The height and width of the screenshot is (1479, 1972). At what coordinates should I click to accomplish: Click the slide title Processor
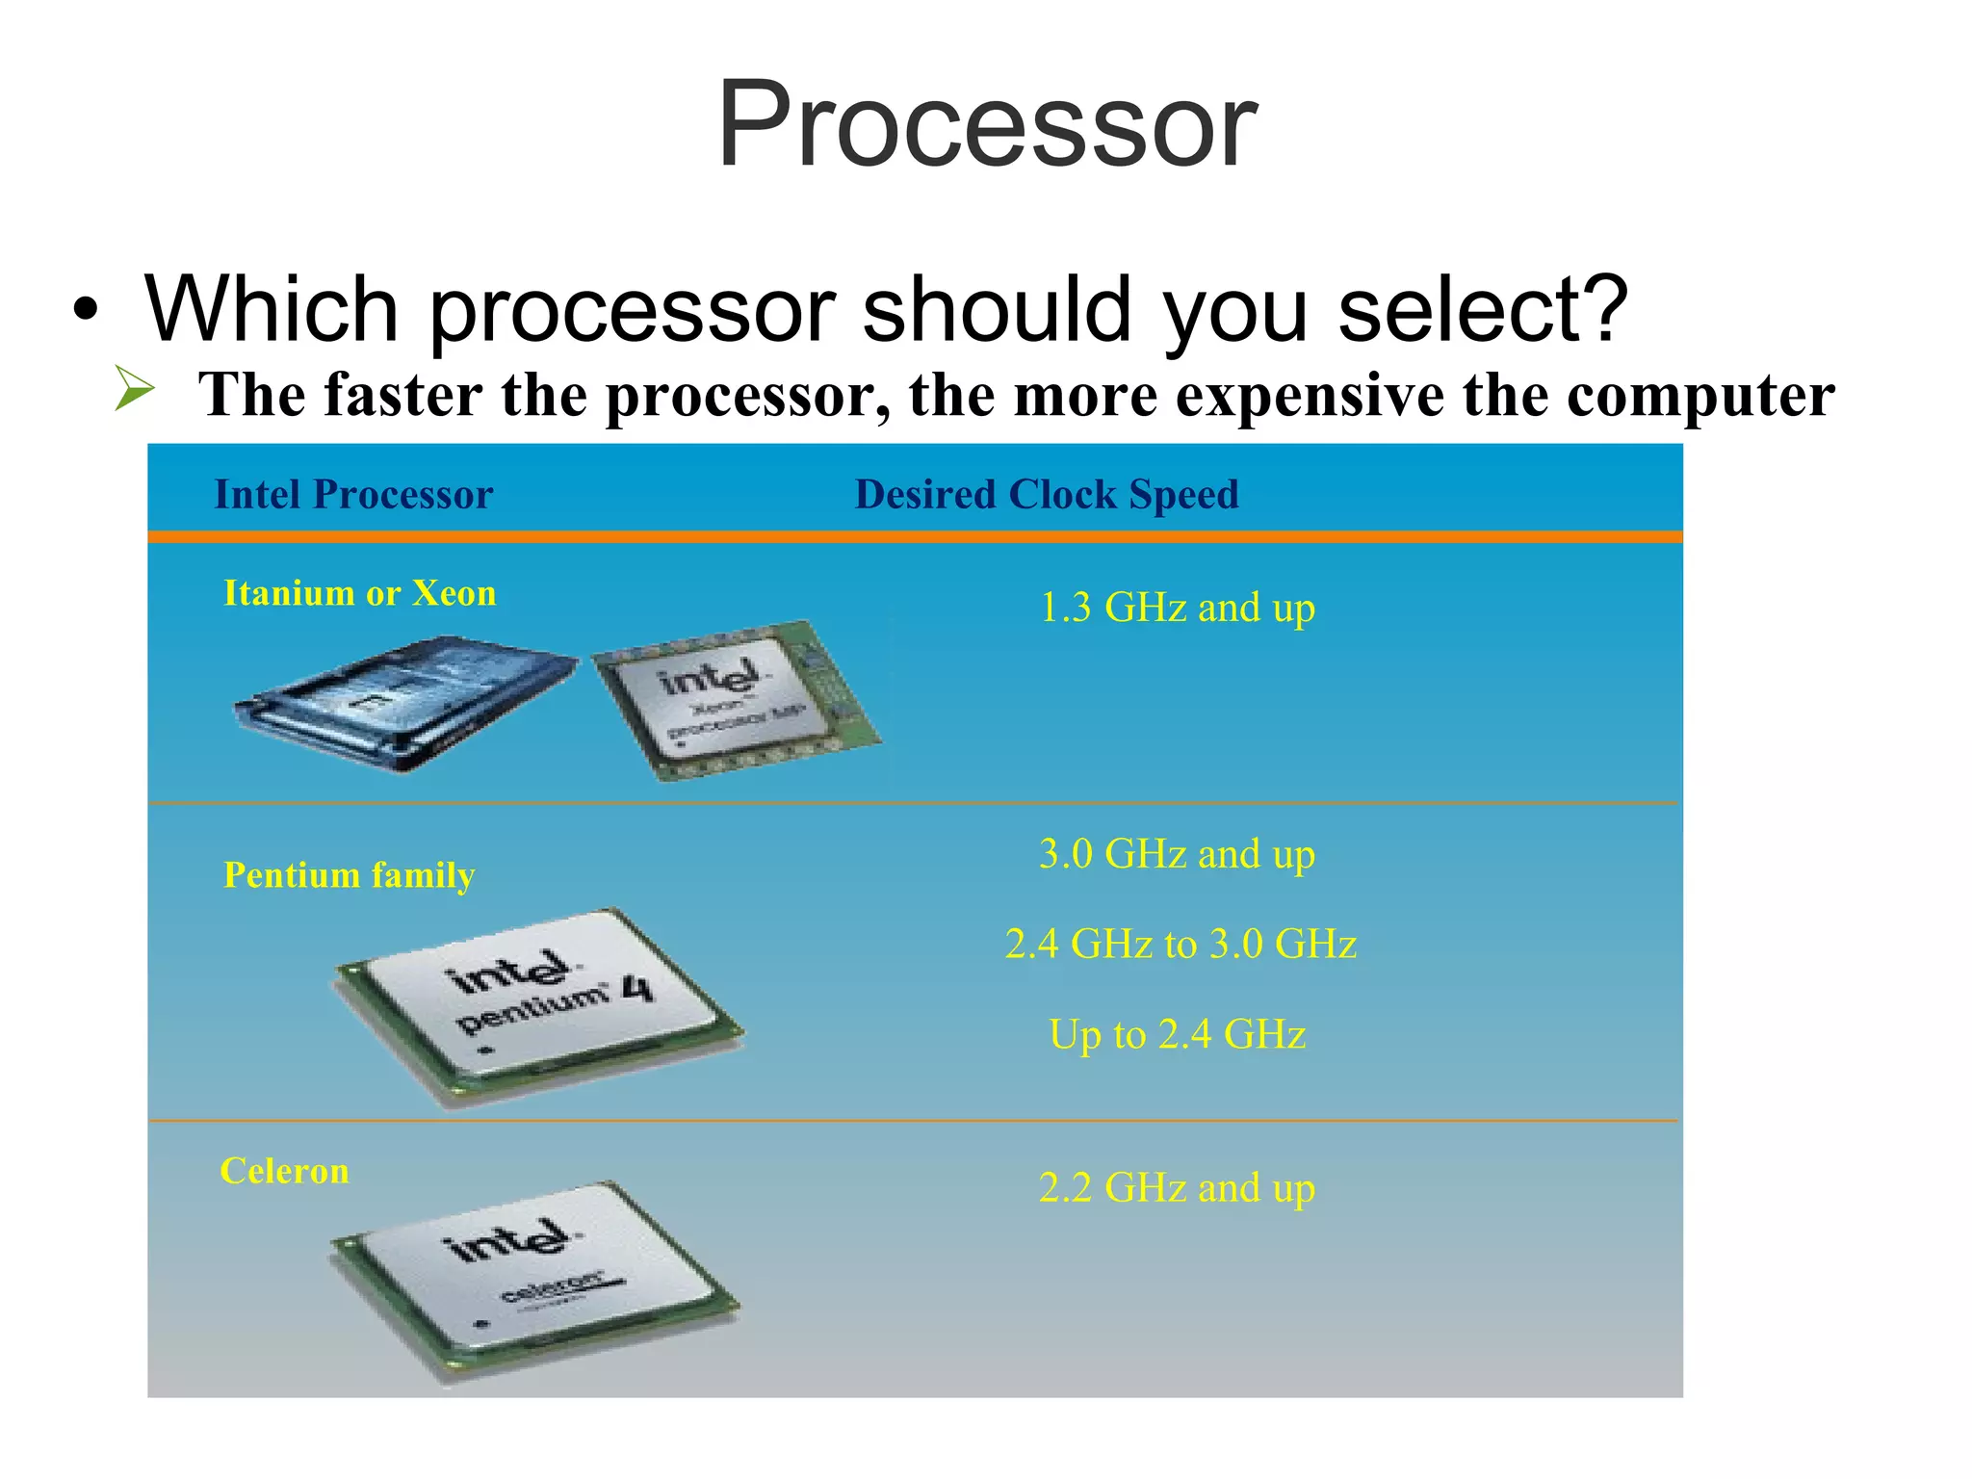coord(986,125)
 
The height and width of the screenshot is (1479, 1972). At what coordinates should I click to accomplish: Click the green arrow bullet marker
coord(134,388)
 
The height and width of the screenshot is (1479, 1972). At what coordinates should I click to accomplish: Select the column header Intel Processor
coord(353,495)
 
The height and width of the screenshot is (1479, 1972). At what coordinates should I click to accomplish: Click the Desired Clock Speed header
coord(1047,495)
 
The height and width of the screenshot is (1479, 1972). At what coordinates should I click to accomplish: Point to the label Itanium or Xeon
coord(360,593)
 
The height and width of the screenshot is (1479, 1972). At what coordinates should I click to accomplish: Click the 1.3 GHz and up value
coord(1177,608)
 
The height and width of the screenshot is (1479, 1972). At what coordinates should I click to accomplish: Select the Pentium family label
coord(349,875)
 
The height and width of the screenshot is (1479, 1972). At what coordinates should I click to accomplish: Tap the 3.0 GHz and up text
coord(1177,854)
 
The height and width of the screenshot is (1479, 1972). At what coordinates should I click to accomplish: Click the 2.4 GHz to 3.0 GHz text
coord(1181,944)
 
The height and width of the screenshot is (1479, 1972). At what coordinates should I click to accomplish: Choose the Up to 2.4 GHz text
coord(1177,1034)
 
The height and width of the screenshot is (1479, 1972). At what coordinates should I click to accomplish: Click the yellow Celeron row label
coord(284,1171)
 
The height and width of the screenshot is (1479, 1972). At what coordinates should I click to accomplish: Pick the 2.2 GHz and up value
coord(1177,1187)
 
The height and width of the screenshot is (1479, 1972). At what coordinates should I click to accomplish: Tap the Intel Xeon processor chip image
coord(737,701)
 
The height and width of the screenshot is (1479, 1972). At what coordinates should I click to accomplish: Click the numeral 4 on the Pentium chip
coord(636,988)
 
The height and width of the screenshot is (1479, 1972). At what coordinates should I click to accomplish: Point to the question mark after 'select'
coord(1599,309)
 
